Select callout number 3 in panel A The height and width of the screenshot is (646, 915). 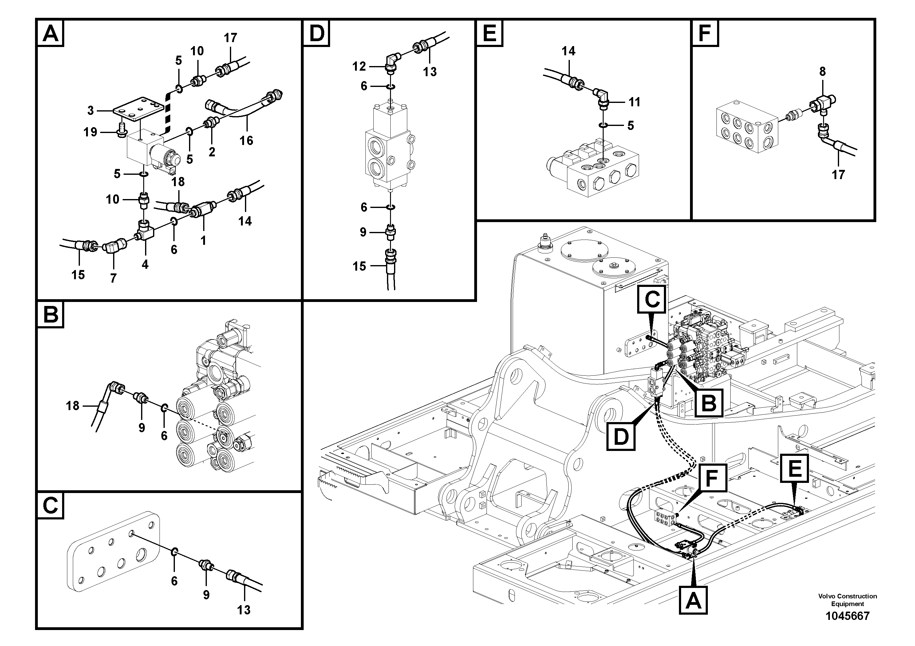click(90, 110)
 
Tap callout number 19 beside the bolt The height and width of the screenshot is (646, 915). click(90, 132)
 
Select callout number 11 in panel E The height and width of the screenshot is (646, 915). click(634, 102)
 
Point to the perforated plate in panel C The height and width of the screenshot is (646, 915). click(114, 552)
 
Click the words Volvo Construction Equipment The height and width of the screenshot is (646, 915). click(847, 600)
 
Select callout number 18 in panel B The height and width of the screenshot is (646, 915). click(73, 406)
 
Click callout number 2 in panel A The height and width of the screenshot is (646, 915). click(211, 151)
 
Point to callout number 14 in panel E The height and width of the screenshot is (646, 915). click(568, 51)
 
